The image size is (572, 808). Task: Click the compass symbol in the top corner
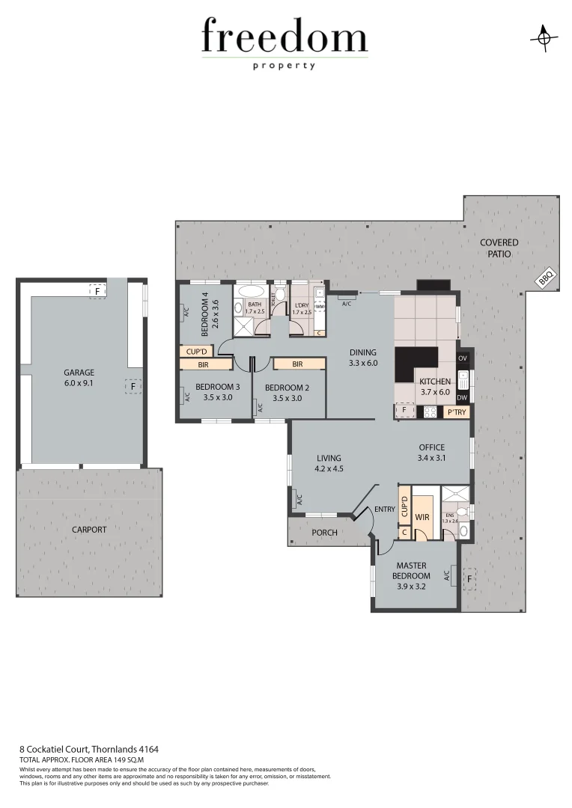point(544,38)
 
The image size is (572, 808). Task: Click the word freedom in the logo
point(285,37)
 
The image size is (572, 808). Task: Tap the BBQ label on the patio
point(544,278)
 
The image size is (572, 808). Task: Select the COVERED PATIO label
point(499,248)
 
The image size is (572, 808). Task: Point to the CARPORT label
point(89,530)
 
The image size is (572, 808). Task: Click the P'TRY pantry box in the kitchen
point(455,411)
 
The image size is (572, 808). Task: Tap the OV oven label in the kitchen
point(462,358)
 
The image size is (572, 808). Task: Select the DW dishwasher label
point(462,397)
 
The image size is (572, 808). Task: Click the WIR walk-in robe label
point(422,517)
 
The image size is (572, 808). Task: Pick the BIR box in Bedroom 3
point(204,364)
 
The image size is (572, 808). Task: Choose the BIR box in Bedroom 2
point(298,364)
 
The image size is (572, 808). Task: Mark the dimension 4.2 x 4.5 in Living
point(329,469)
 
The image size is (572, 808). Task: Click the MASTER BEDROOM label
point(413,571)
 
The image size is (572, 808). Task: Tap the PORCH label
point(324,533)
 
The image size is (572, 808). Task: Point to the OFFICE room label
point(432,447)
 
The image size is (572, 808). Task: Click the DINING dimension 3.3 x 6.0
point(363,364)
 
